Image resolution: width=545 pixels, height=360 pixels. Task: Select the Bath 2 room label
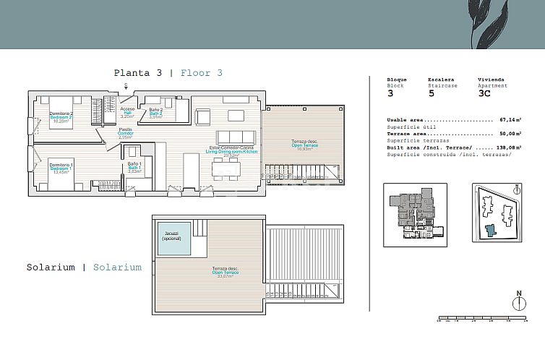point(157,112)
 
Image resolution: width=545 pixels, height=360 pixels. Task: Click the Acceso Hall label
point(126,112)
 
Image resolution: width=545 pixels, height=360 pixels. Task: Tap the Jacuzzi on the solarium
point(174,238)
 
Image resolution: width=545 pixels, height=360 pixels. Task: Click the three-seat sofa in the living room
point(236,136)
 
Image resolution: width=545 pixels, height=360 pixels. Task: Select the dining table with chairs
point(226,168)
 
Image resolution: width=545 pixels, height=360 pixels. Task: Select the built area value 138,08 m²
point(509,147)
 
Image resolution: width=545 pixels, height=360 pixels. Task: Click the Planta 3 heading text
point(139,73)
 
